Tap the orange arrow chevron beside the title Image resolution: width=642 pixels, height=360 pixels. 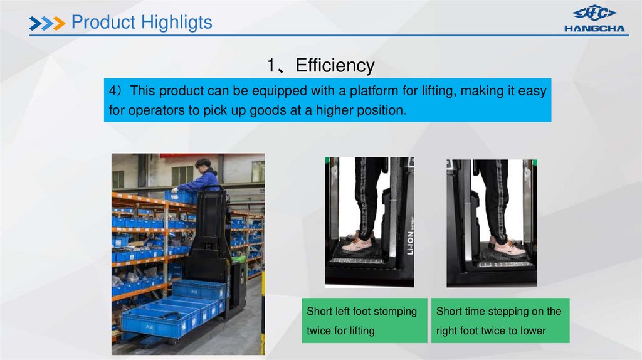[x=58, y=24]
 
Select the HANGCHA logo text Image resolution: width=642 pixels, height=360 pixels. [x=594, y=28]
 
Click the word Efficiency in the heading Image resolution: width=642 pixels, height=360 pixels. [x=335, y=66]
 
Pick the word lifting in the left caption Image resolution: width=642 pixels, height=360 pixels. [x=358, y=331]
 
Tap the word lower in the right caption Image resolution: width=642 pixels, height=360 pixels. [x=532, y=331]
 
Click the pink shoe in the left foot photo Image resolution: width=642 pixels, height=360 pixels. [x=357, y=244]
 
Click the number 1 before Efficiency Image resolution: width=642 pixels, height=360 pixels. [x=271, y=66]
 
